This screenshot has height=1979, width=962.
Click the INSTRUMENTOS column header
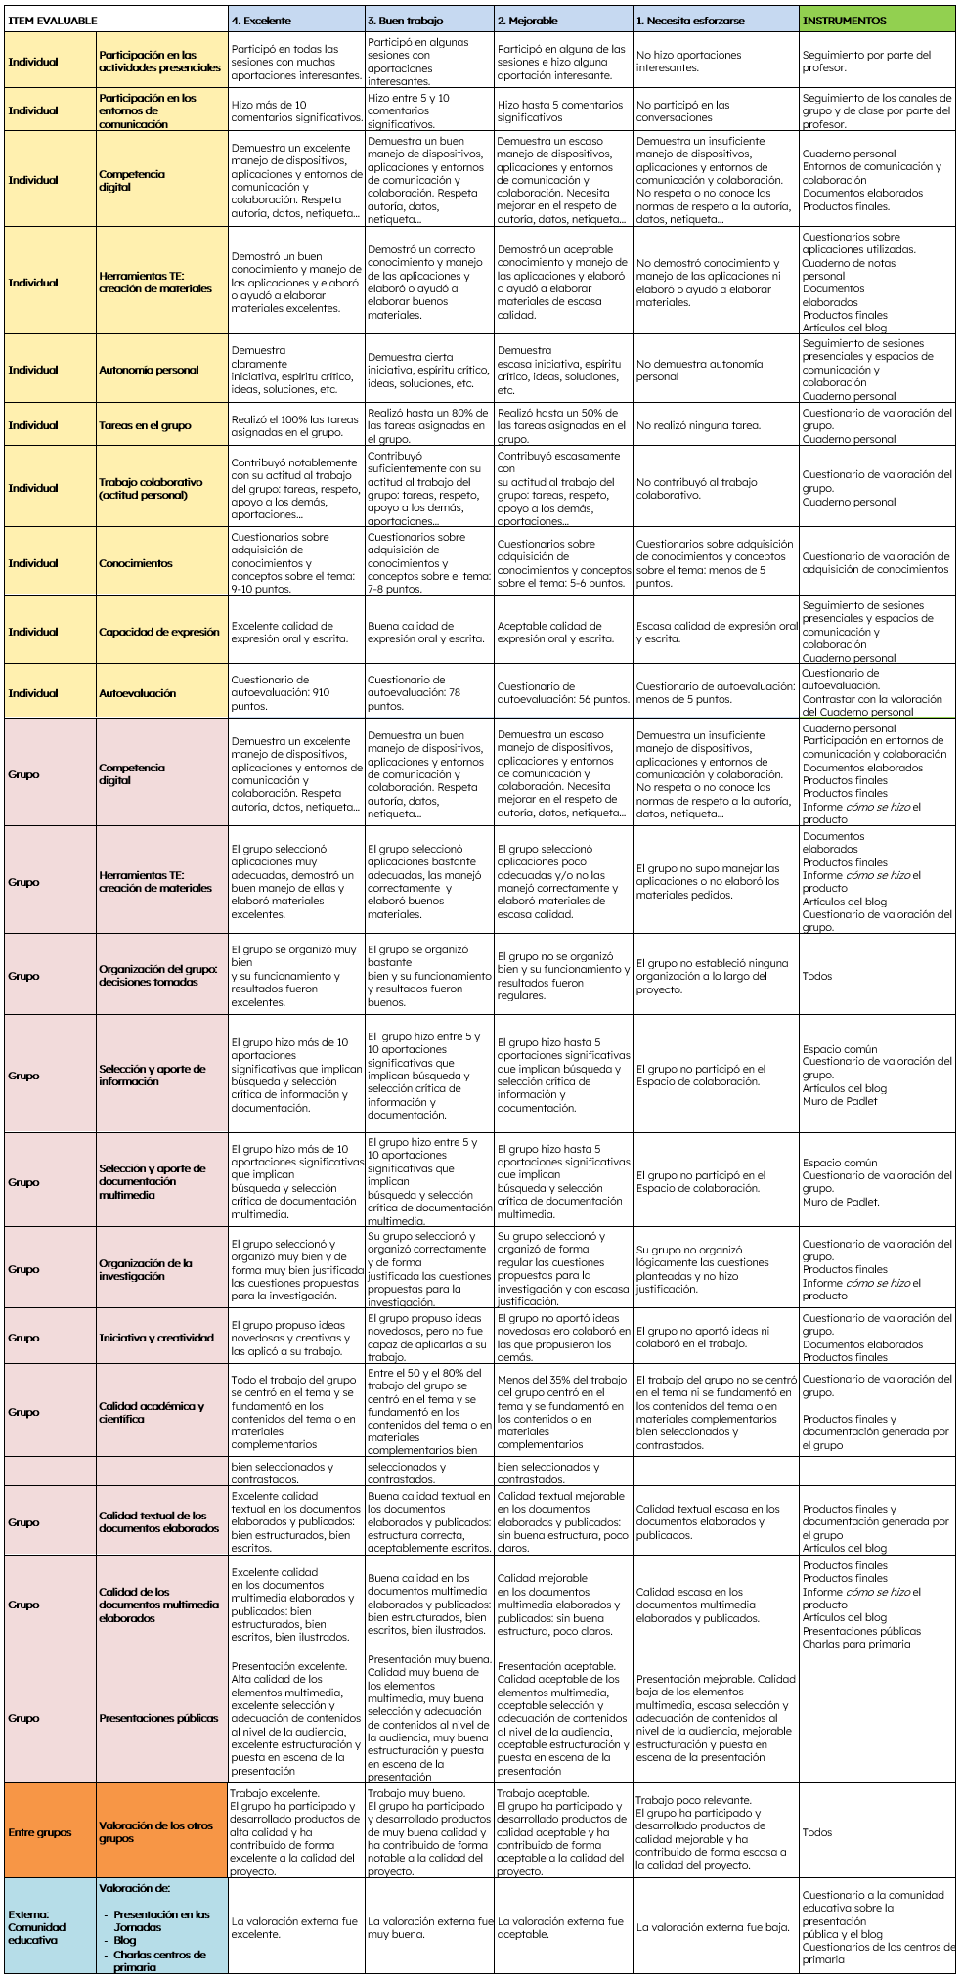844,21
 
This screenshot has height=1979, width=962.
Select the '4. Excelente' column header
261,21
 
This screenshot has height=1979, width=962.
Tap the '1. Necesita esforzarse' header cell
689,21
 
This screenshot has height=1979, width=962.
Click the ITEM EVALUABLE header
54,21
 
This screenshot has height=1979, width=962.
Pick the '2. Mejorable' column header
528,21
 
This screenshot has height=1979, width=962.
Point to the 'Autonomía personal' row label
149,370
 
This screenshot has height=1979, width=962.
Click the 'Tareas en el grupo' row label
145,425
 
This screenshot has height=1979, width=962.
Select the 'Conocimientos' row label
136,563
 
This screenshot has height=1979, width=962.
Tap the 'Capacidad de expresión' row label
159,632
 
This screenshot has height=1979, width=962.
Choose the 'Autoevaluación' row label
138,693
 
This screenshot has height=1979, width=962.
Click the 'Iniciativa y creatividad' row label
156,1338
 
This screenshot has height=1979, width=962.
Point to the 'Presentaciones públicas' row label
158,1717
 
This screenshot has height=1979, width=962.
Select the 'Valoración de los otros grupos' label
155,1831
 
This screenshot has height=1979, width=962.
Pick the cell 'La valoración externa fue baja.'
713,1927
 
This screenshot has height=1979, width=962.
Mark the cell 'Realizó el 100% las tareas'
294,425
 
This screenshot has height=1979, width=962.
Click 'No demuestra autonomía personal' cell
699,370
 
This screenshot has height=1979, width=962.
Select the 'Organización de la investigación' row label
146,1269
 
